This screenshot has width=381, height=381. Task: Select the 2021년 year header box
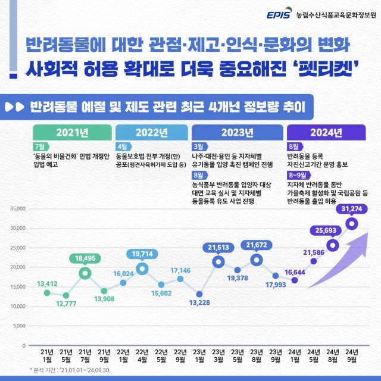[71, 132]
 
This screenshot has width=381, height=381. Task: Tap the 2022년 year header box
[151, 132]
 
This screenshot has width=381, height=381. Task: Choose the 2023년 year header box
[237, 132]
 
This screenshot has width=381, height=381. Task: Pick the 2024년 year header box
[326, 132]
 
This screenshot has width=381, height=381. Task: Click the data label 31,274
[352, 209]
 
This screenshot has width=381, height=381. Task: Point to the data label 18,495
[85, 258]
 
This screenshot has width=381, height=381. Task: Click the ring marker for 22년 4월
[142, 269]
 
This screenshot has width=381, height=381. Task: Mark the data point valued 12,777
[66, 295]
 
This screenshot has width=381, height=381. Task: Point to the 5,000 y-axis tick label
[19, 326]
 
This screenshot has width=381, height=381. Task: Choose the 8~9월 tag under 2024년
[299, 175]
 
